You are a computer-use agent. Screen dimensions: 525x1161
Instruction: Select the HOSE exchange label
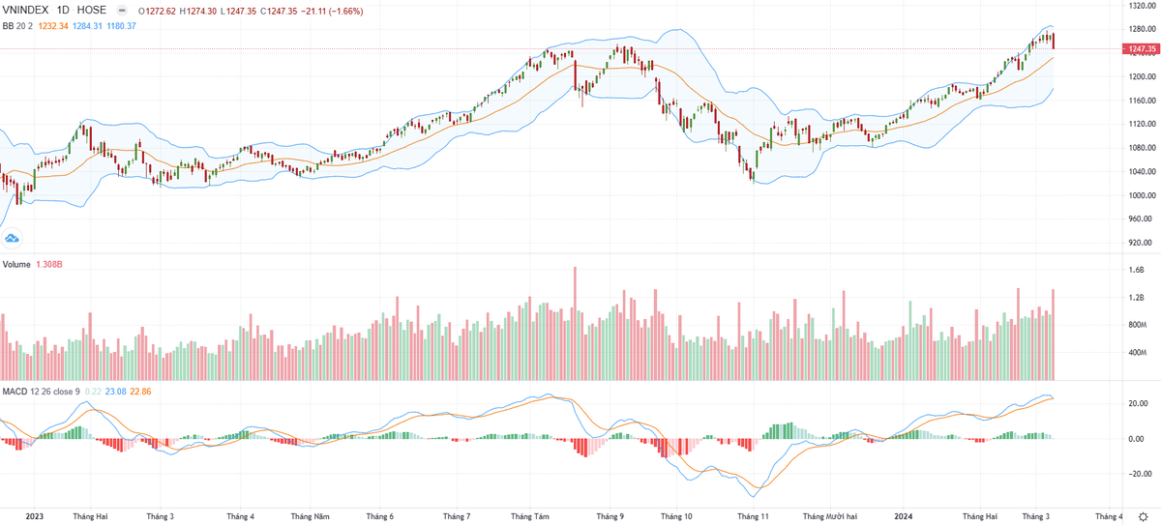click(92, 11)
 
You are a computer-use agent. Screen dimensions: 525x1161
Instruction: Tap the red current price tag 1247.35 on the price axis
click(1143, 48)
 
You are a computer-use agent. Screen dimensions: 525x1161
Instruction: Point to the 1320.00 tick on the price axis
click(1142, 5)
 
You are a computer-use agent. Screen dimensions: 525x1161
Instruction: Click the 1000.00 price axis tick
click(1142, 195)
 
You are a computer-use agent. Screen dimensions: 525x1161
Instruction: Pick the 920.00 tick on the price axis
click(1142, 243)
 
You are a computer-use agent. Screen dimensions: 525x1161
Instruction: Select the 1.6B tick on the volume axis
click(1138, 271)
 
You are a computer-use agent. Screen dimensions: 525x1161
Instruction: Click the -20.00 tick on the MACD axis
click(1138, 474)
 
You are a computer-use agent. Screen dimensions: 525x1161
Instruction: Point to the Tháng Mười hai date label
click(831, 516)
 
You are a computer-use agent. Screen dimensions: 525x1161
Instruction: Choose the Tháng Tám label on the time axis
click(529, 516)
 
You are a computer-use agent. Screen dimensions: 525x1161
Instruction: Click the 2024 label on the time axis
click(905, 516)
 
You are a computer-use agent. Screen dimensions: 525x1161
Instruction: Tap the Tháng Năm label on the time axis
click(312, 516)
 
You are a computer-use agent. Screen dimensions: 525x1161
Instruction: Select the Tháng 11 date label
click(752, 516)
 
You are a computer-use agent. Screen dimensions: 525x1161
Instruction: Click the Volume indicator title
click(16, 264)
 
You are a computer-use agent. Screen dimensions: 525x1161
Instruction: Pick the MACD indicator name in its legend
click(15, 391)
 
